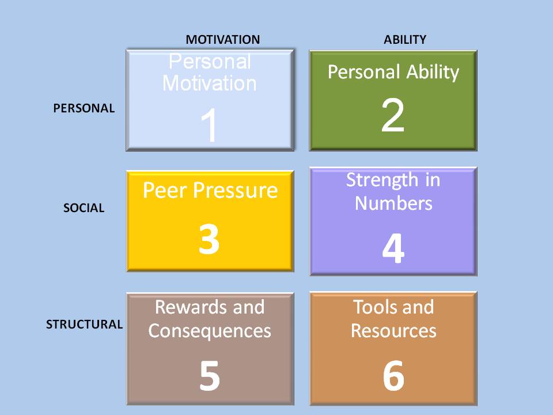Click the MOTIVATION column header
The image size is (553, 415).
click(x=222, y=40)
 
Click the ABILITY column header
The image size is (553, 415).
click(x=405, y=40)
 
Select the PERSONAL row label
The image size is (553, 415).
click(x=84, y=108)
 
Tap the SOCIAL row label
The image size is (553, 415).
click(x=84, y=208)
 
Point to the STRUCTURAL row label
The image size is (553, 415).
click(x=84, y=325)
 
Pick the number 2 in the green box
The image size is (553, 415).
click(x=393, y=115)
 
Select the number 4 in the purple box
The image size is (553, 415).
click(x=393, y=249)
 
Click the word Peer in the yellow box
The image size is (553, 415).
click(x=165, y=190)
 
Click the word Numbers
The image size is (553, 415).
click(x=393, y=203)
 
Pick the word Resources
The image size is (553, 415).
click(x=393, y=331)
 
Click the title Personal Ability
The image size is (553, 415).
click(x=393, y=73)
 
